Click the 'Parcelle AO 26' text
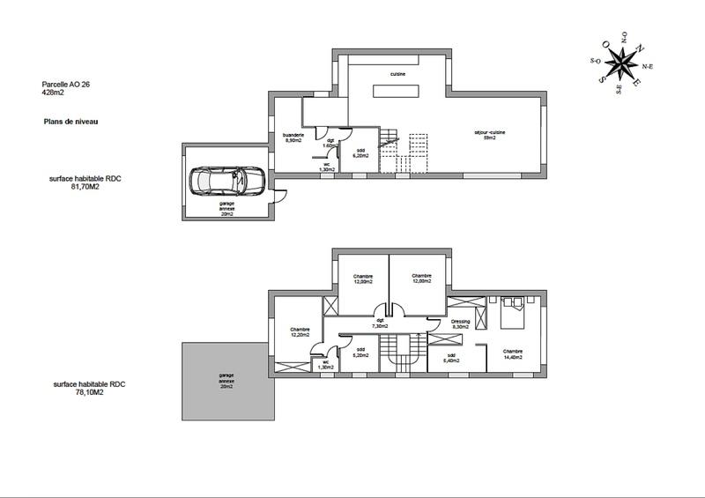[x=66, y=85]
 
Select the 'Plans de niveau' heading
[x=70, y=121]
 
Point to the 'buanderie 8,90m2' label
[x=293, y=137]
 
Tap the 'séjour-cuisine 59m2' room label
[x=484, y=135]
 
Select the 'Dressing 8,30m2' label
[x=460, y=324]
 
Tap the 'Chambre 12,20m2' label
[x=301, y=333]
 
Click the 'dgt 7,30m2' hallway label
[x=380, y=323]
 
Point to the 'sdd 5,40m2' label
[x=450, y=359]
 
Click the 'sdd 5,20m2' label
[x=360, y=353]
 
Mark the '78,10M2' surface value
[x=86, y=393]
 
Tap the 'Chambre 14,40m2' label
[x=513, y=353]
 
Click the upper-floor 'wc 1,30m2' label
[x=325, y=364]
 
